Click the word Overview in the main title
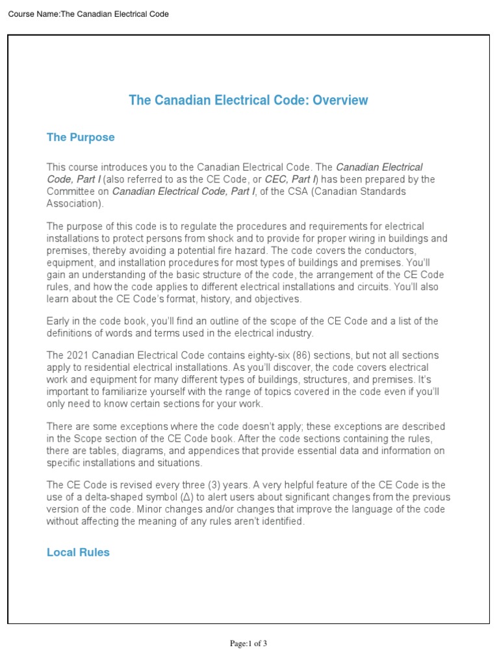tap(340, 100)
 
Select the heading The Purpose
tap(81, 137)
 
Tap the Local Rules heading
tap(78, 552)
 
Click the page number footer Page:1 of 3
tap(249, 644)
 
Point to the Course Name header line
tap(88, 14)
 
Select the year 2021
tap(77, 355)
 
